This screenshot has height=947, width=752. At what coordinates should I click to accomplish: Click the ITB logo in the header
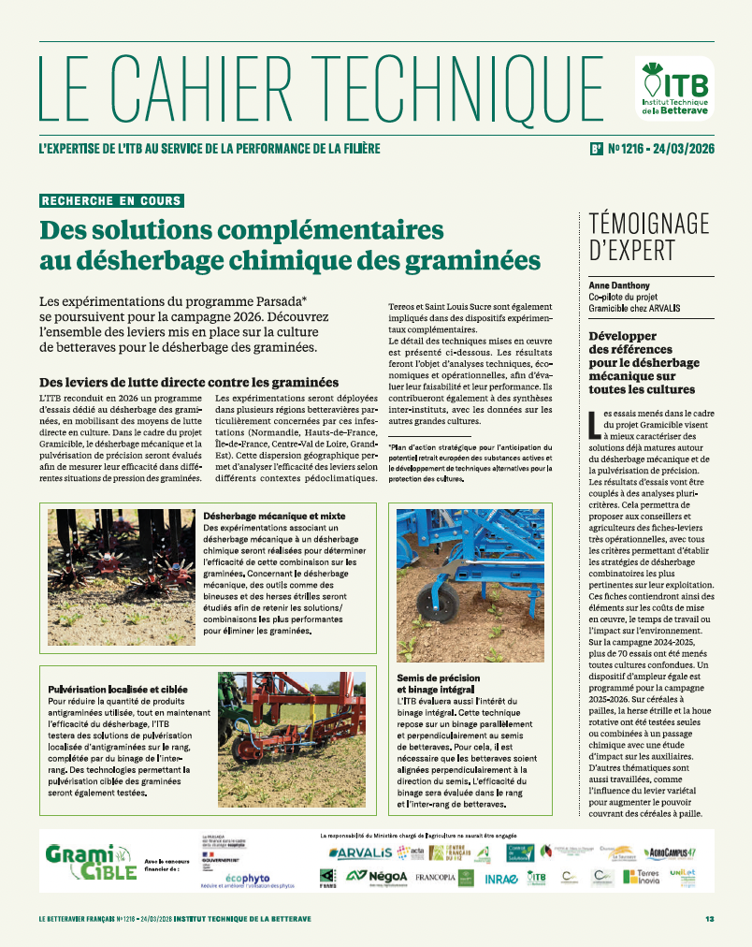673,87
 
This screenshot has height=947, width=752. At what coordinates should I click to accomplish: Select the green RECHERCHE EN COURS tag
111,200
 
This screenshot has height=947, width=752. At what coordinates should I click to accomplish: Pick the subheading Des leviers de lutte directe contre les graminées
189,382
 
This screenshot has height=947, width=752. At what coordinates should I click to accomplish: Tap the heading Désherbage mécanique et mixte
274,516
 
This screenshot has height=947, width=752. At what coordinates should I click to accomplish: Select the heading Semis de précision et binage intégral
440,683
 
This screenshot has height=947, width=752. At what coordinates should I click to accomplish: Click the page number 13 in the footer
710,919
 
